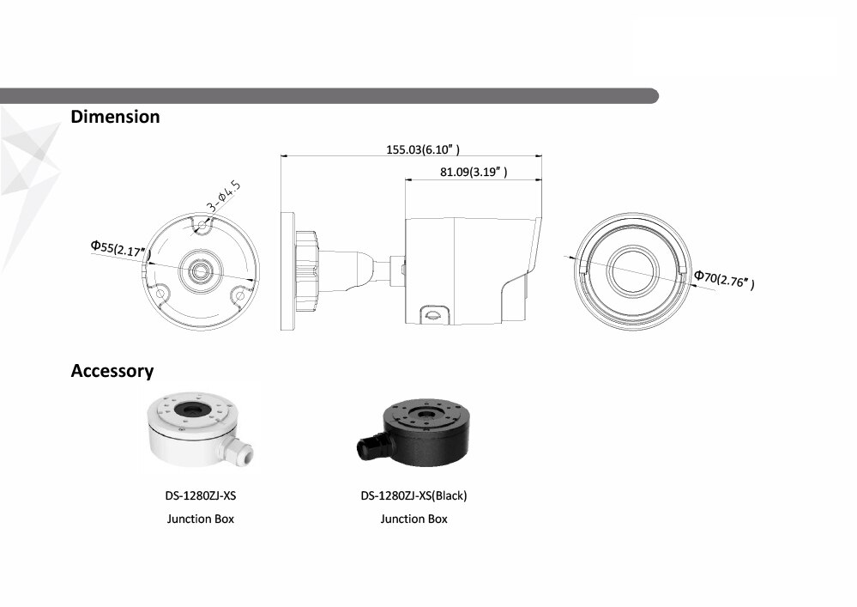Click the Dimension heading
115,117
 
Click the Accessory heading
112,371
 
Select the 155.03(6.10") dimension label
429,149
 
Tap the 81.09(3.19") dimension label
474,173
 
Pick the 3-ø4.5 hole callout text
224,197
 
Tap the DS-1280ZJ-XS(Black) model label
414,495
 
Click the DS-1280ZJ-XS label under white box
200,495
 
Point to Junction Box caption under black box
414,519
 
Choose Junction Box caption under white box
200,519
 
